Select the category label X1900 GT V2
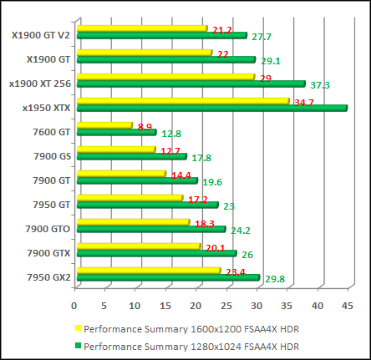coord(41,35)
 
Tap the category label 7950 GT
coord(48,205)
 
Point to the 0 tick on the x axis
coord(74,306)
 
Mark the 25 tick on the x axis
coord(226,306)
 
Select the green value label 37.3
coord(320,85)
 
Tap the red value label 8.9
coord(145,127)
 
